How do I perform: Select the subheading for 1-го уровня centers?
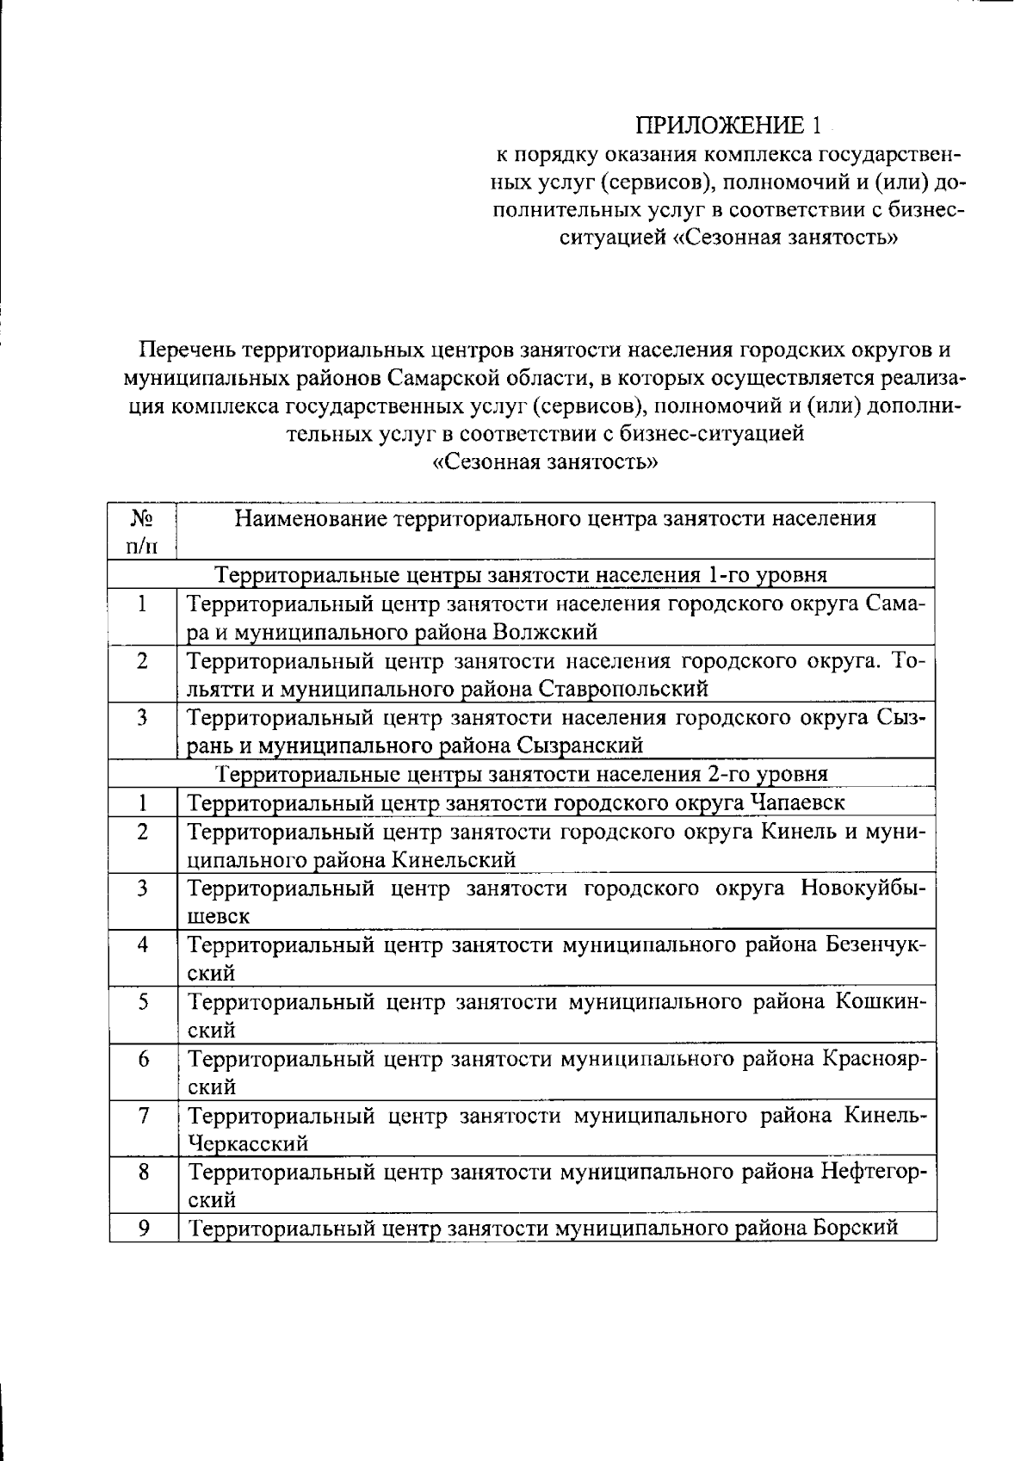point(521,574)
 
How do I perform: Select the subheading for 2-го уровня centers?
point(521,774)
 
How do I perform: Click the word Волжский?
point(545,632)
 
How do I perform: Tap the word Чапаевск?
point(797,803)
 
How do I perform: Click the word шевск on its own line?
point(219,917)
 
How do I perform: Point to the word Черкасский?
point(248,1144)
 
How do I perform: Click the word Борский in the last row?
point(856,1228)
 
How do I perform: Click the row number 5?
point(143,1002)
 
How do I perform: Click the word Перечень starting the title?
point(187,350)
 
